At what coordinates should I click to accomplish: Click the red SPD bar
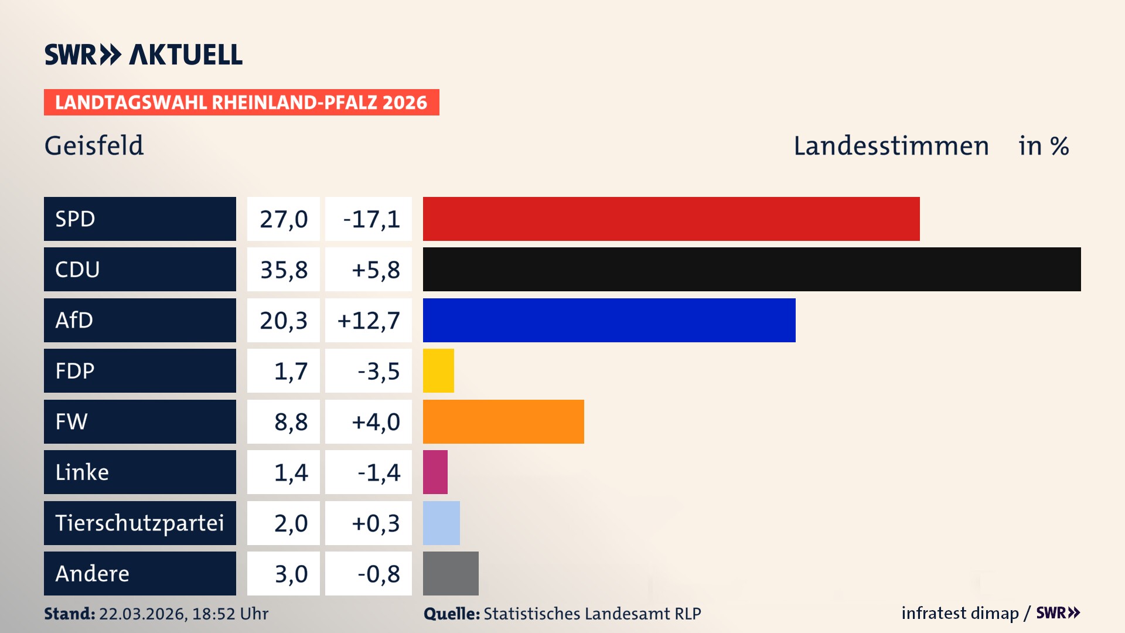tap(671, 219)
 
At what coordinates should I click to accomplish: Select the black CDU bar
tap(752, 270)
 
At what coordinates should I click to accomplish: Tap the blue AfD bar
tap(609, 320)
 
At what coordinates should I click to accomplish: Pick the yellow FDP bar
tap(438, 370)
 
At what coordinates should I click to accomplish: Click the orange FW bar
tap(503, 421)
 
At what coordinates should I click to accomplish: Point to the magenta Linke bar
tap(435, 472)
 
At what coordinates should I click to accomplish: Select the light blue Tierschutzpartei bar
tap(441, 523)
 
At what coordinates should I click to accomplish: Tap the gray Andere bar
tap(451, 573)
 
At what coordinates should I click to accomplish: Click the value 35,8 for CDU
tap(284, 270)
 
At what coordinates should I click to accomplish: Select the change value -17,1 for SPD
tap(371, 219)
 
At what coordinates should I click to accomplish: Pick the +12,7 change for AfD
tap(369, 321)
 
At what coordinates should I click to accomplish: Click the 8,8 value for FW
tap(291, 422)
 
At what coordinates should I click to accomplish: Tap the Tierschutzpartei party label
tap(139, 523)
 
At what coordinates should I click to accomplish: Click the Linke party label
tap(82, 472)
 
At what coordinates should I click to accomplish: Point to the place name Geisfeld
tap(94, 145)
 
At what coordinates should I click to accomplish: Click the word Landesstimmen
tap(891, 146)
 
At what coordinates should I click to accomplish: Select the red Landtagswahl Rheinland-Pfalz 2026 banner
tap(241, 103)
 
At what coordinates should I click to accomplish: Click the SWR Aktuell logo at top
tap(144, 55)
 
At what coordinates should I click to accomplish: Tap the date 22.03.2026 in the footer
tap(142, 614)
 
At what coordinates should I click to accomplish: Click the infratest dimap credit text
tap(960, 613)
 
